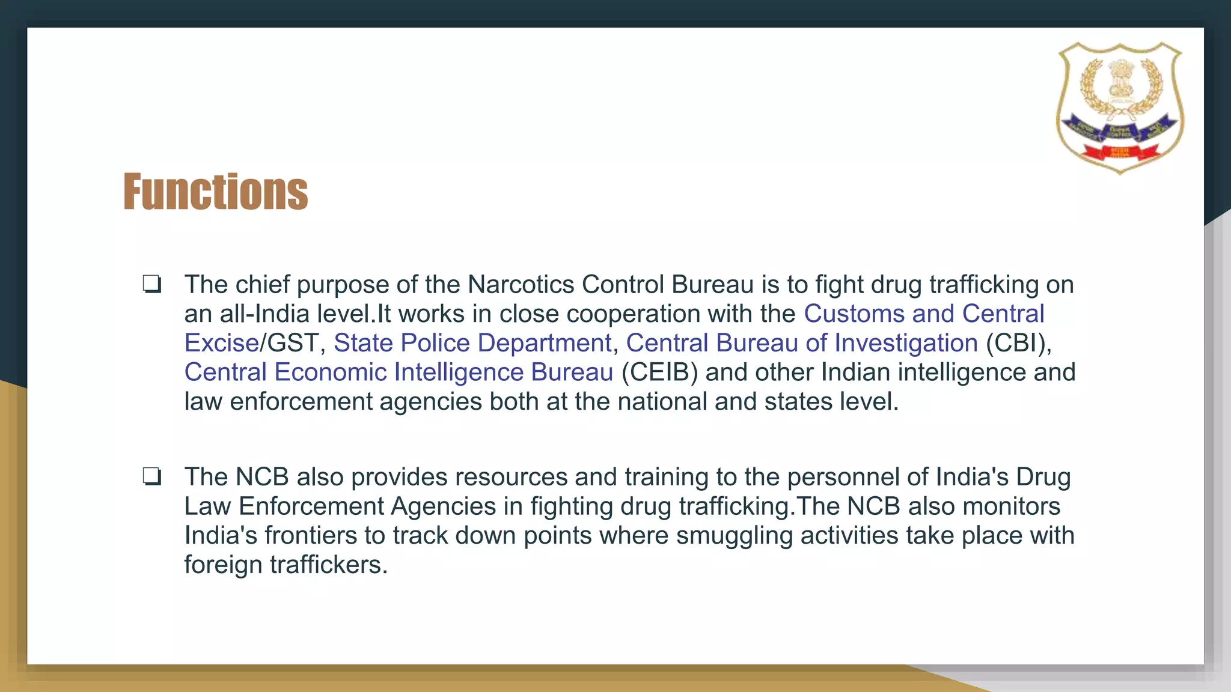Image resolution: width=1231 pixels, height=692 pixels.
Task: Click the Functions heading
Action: tap(215, 192)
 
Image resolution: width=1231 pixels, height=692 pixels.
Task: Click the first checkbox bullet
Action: tap(151, 284)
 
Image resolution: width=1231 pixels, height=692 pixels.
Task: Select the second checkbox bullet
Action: tap(151, 476)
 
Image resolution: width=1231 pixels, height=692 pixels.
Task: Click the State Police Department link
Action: tap(472, 343)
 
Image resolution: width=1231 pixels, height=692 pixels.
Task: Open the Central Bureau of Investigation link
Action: tap(802, 343)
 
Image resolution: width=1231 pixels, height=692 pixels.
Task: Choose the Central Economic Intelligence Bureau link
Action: tap(399, 372)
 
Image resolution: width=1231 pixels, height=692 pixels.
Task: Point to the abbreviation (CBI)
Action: tap(1018, 343)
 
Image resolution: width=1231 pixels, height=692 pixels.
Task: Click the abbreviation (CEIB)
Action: tap(659, 372)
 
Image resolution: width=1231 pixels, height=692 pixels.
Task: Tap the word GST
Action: tap(292, 343)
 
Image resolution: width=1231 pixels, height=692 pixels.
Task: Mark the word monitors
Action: tap(1011, 506)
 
